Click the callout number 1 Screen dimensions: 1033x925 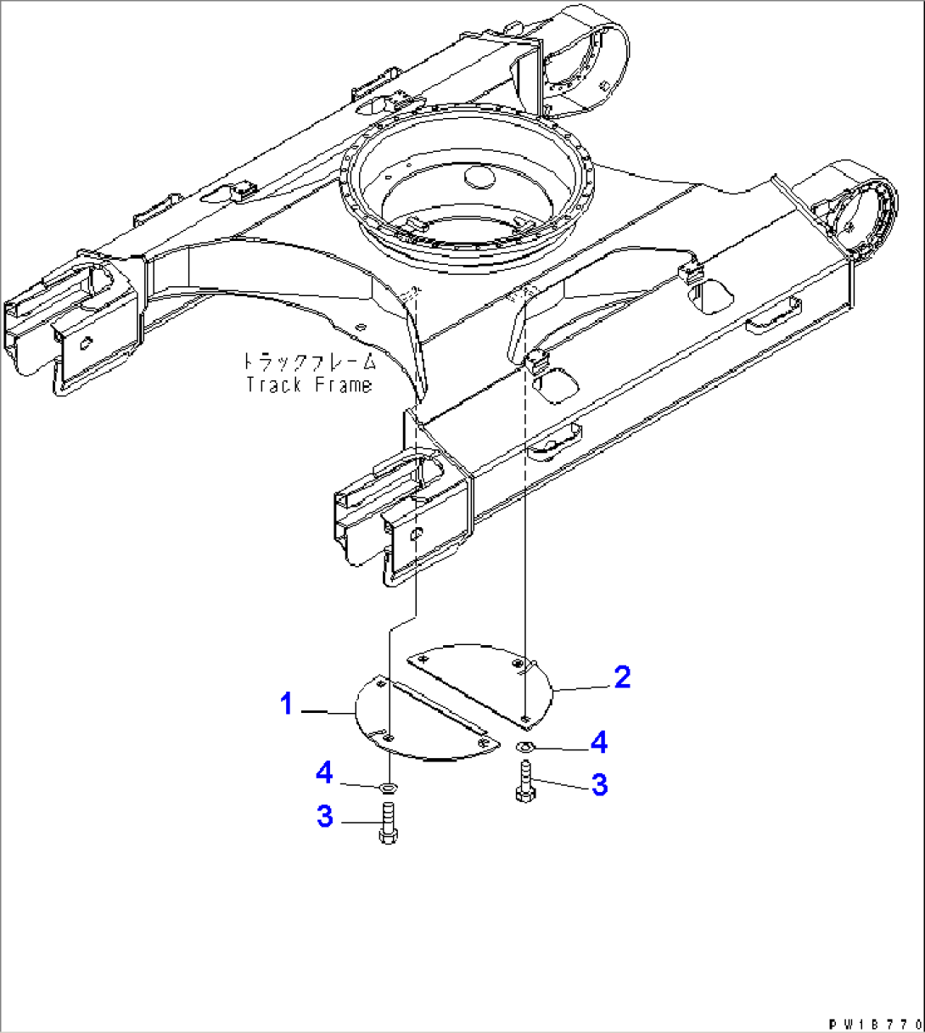(289, 703)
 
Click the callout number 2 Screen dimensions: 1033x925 (622, 677)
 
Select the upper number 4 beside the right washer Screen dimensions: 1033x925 (599, 743)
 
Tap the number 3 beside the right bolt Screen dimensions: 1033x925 (599, 785)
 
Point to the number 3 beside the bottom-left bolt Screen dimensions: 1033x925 (325, 817)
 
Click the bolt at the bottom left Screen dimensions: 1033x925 (388, 824)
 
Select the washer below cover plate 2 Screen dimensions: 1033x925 (524, 747)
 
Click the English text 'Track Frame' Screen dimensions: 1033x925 (309, 385)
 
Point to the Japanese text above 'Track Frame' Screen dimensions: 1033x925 (309, 362)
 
